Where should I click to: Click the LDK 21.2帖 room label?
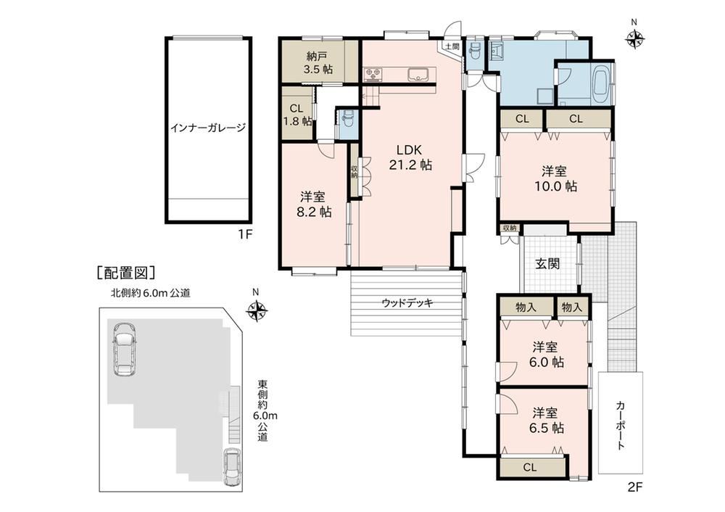pyautogui.click(x=410, y=157)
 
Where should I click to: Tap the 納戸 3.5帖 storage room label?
pyautogui.click(x=318, y=63)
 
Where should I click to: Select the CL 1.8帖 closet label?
pyautogui.click(x=297, y=115)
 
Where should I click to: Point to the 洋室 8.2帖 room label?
pyautogui.click(x=313, y=205)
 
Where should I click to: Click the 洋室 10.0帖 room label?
pyautogui.click(x=555, y=178)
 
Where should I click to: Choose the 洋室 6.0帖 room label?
pyautogui.click(x=546, y=354)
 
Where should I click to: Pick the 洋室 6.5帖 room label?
pyautogui.click(x=546, y=419)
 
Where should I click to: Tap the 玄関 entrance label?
pyautogui.click(x=548, y=264)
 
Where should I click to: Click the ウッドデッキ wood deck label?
pyautogui.click(x=407, y=303)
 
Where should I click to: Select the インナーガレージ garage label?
pyautogui.click(x=208, y=127)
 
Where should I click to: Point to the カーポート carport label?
pyautogui.click(x=621, y=425)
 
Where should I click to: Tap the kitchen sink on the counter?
pyautogui.click(x=419, y=75)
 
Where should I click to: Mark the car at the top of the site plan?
pyautogui.click(x=123, y=349)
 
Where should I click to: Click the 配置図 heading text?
pyautogui.click(x=125, y=273)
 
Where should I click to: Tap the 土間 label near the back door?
pyautogui.click(x=452, y=46)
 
